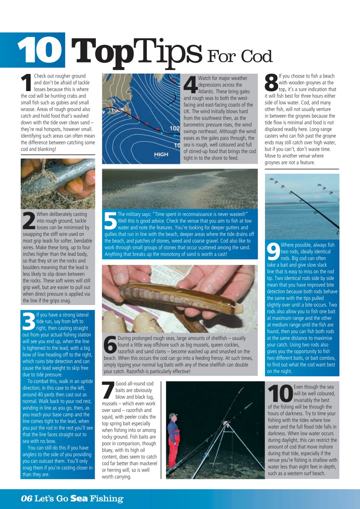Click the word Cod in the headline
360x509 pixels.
257,57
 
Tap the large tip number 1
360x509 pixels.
26,83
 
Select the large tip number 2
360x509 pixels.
28,221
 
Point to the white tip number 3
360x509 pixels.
28,321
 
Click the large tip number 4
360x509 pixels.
190,85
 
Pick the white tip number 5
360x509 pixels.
110,221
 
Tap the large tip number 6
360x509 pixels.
110,345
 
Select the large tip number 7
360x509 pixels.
108,390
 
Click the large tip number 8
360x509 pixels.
271,83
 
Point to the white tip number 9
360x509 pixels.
273,251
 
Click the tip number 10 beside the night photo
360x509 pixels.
280,393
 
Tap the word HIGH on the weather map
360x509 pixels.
161,155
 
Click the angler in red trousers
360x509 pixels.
172,441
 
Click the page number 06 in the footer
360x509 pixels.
26,499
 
